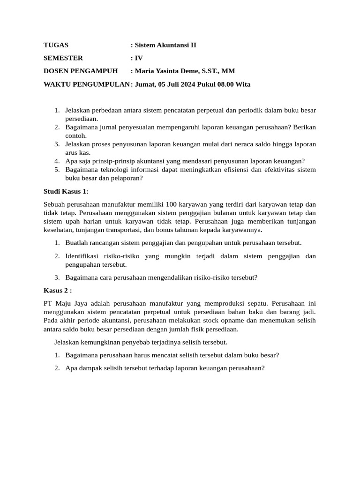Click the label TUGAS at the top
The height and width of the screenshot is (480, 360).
click(56, 45)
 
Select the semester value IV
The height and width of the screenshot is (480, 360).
click(139, 58)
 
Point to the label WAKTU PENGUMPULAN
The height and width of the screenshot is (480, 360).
click(87, 84)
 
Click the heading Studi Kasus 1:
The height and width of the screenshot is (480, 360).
click(66, 191)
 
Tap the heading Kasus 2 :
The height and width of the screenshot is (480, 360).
click(58, 290)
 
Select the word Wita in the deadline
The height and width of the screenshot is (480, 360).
click(244, 84)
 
